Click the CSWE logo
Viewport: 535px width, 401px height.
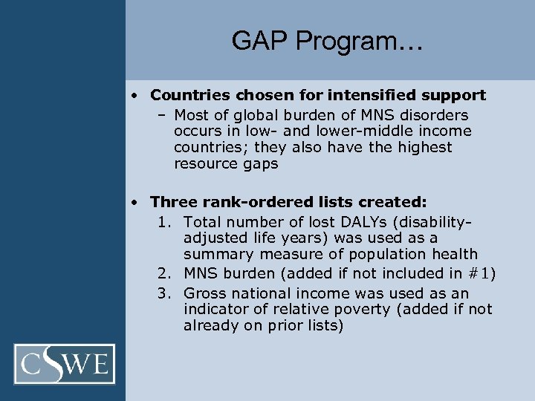click(x=65, y=364)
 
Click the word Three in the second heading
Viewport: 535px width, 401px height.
click(x=172, y=202)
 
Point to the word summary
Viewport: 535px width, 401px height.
click(x=214, y=255)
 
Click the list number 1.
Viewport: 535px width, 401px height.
click(x=163, y=222)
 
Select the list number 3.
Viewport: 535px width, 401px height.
click(x=163, y=293)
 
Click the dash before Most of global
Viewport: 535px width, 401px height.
click(x=161, y=115)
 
